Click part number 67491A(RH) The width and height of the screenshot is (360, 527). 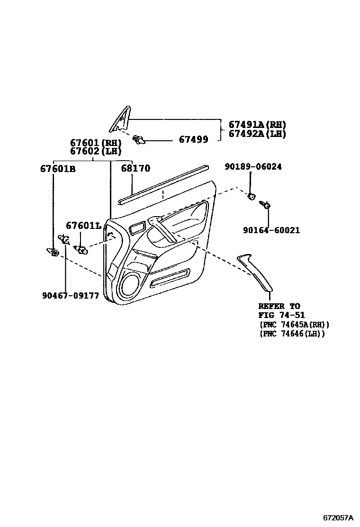257,125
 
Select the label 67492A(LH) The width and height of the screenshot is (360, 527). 257,134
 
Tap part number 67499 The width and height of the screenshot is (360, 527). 193,139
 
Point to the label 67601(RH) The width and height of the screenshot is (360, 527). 96,143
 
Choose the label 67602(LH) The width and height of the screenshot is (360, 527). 96,151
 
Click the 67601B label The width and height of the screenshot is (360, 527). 58,168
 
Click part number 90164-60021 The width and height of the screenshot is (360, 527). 271,230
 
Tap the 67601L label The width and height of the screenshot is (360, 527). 83,226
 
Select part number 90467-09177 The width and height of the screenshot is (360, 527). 70,295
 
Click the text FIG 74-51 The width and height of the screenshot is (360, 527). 281,315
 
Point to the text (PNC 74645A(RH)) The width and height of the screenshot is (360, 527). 294,325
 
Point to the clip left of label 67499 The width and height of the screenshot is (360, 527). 140,139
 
